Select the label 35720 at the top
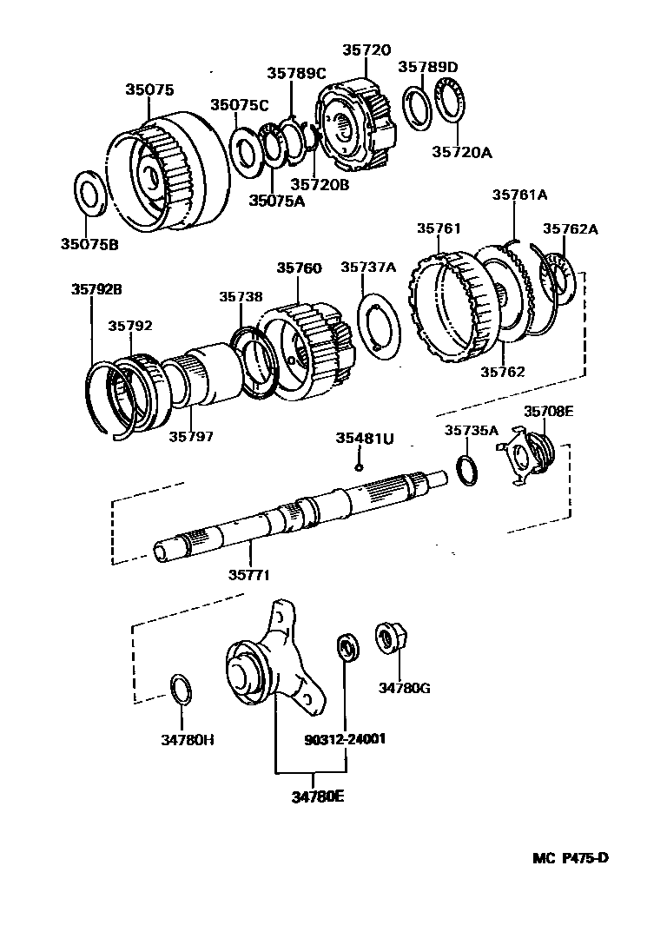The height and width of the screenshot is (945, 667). [x=353, y=50]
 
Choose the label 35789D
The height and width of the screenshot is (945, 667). [x=427, y=66]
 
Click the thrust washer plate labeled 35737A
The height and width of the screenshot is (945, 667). [x=379, y=324]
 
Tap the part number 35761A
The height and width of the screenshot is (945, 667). [x=519, y=195]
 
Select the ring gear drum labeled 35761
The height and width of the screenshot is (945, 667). [x=453, y=309]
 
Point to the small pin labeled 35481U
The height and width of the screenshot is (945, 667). [x=358, y=466]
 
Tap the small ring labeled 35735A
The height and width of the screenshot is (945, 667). [x=466, y=470]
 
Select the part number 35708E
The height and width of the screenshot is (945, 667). [x=548, y=412]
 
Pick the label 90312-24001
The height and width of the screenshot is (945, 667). [x=345, y=740]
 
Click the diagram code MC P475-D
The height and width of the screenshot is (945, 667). [x=571, y=858]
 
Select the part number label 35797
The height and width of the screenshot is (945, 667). [x=191, y=436]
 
